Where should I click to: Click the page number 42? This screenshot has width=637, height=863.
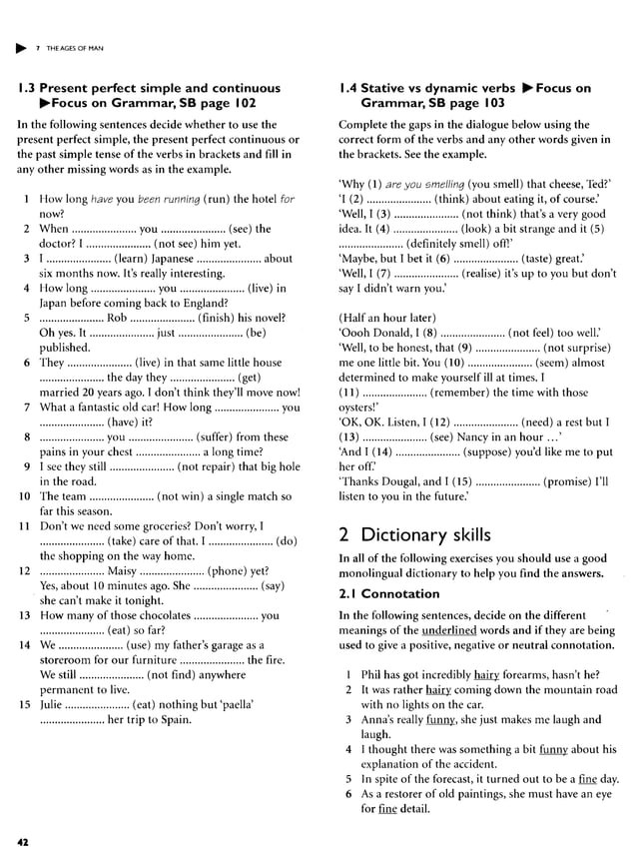pyautogui.click(x=22, y=841)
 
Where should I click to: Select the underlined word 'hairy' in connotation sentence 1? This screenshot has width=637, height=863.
pyautogui.click(x=486, y=674)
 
